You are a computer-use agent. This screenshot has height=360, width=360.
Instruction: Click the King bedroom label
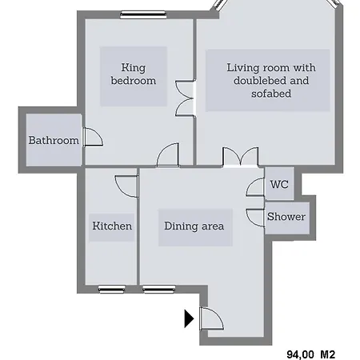tap(134, 74)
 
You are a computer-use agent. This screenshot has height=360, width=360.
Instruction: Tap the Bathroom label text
tap(54, 140)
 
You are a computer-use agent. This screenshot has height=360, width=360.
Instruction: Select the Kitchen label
tap(112, 226)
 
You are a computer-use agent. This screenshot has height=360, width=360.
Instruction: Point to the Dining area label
tap(194, 226)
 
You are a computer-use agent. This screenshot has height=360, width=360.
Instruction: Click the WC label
tap(279, 184)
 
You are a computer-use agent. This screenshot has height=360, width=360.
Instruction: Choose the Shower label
tap(286, 217)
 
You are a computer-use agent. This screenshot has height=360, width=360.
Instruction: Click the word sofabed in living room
tap(271, 94)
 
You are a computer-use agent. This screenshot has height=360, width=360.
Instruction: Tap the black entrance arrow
tap(189, 318)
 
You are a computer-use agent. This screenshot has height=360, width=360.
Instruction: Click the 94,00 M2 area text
tap(310, 354)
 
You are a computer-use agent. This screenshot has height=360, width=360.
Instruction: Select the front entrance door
tap(212, 318)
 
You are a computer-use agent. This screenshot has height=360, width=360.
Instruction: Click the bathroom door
tap(93, 137)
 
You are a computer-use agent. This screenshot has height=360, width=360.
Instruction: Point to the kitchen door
tap(127, 186)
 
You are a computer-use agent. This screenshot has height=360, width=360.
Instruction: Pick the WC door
tap(255, 187)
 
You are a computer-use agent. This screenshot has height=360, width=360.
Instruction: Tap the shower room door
tap(255, 218)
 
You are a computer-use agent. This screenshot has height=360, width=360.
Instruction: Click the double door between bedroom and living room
tap(185, 98)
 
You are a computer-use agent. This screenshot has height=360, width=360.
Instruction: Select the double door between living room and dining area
tap(241, 157)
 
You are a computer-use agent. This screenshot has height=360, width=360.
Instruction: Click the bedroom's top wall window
tap(143, 15)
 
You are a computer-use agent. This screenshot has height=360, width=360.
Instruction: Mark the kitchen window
tap(112, 289)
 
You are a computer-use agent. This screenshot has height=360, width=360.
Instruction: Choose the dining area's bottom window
tap(159, 289)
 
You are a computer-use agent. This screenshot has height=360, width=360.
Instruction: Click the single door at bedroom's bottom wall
tap(168, 155)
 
